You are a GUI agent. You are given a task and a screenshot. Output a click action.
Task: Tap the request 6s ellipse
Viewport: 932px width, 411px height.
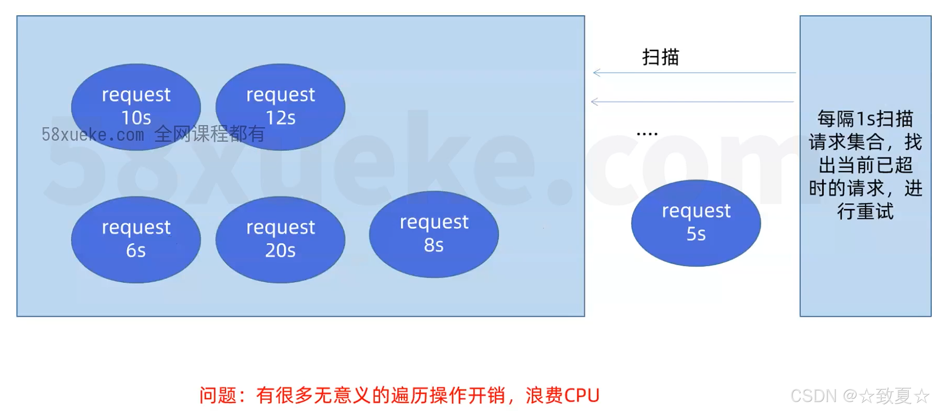click(x=135, y=239)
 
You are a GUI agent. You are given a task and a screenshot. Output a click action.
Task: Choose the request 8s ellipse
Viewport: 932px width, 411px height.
click(x=433, y=234)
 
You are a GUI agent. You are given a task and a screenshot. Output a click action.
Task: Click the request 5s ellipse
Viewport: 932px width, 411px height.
click(x=695, y=222)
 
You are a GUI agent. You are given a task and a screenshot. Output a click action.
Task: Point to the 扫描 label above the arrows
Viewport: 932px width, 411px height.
click(x=660, y=57)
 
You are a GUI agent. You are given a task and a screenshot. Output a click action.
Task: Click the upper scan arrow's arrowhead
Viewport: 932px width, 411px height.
click(x=596, y=73)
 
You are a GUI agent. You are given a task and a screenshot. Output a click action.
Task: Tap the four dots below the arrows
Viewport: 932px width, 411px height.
click(x=647, y=134)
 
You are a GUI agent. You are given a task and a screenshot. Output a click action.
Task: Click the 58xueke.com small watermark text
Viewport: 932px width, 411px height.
click(x=93, y=135)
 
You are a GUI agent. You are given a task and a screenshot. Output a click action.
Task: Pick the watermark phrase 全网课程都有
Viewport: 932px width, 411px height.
click(x=210, y=134)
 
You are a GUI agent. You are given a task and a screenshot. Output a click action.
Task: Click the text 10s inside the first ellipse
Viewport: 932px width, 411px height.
click(x=136, y=117)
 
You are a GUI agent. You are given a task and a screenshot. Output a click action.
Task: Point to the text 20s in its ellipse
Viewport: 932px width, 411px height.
click(x=280, y=250)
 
